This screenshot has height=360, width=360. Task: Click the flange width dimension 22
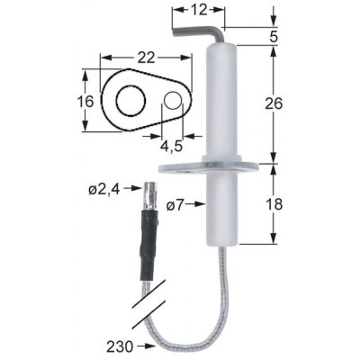(147, 57)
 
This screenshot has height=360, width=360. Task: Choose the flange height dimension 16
(85, 102)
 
